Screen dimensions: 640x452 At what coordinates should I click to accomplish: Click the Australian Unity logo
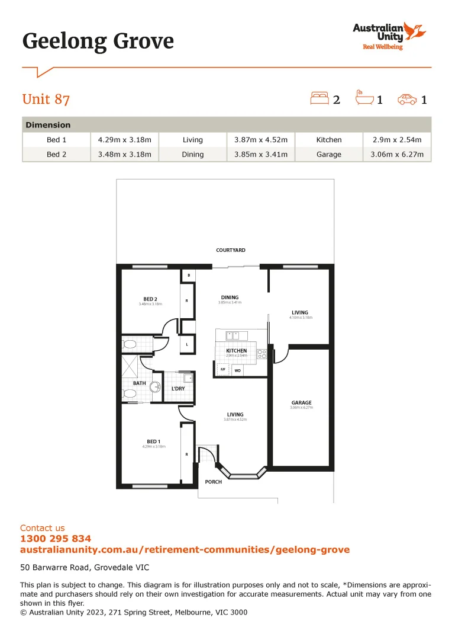click(389, 36)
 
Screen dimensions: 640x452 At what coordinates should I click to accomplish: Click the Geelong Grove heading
click(98, 41)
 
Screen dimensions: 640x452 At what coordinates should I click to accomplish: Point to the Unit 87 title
click(46, 99)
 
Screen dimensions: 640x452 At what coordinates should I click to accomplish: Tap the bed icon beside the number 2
click(319, 98)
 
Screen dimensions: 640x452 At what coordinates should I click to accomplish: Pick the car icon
click(407, 99)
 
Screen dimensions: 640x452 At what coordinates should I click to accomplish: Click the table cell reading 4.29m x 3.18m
click(124, 140)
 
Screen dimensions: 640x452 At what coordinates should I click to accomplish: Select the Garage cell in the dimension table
click(328, 154)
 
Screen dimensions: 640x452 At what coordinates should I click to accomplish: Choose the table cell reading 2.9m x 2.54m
click(396, 140)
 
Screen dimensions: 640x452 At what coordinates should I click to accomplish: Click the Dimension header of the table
click(48, 125)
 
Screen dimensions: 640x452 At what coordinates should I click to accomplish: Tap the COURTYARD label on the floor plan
click(231, 251)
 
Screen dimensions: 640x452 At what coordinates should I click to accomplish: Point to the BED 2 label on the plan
click(150, 299)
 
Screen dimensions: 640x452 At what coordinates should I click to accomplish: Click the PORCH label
click(214, 482)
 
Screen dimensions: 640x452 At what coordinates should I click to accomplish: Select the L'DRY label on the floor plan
click(178, 389)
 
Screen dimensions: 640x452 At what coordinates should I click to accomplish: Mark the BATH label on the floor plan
click(139, 383)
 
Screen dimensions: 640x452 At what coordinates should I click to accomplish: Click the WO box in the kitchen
click(238, 370)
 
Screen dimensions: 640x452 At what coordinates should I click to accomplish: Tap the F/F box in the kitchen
click(223, 370)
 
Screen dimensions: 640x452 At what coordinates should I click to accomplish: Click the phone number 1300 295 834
click(56, 539)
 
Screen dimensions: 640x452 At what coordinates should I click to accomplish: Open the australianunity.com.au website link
click(185, 550)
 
